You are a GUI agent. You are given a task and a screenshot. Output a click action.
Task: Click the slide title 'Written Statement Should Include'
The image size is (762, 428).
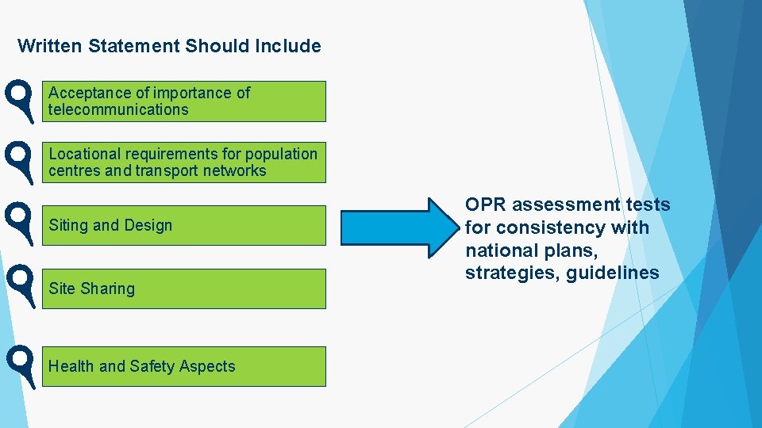(169, 46)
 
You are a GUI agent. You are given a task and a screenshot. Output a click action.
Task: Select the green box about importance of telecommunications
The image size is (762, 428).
(183, 101)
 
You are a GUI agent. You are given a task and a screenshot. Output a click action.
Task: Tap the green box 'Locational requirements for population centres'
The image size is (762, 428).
(183, 162)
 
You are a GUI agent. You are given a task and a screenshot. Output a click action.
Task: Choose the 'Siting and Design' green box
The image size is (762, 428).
(183, 225)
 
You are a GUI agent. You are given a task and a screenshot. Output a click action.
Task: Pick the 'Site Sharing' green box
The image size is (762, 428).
(183, 289)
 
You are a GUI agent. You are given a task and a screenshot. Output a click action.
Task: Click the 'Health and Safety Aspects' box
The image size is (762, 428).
(183, 366)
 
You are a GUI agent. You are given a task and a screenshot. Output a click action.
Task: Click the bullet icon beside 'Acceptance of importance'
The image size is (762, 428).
(19, 100)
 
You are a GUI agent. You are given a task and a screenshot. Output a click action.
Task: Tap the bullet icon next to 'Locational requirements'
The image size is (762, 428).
(19, 162)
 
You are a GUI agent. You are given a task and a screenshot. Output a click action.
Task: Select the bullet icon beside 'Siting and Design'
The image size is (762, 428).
(19, 223)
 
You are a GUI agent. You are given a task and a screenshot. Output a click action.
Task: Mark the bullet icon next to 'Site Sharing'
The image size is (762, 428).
(19, 285)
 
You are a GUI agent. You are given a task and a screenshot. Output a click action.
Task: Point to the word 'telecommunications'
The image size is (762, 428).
(118, 110)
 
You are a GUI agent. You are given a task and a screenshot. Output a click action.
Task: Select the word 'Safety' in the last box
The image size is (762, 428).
(152, 366)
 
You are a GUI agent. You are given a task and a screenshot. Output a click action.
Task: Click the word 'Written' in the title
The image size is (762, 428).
(50, 46)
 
